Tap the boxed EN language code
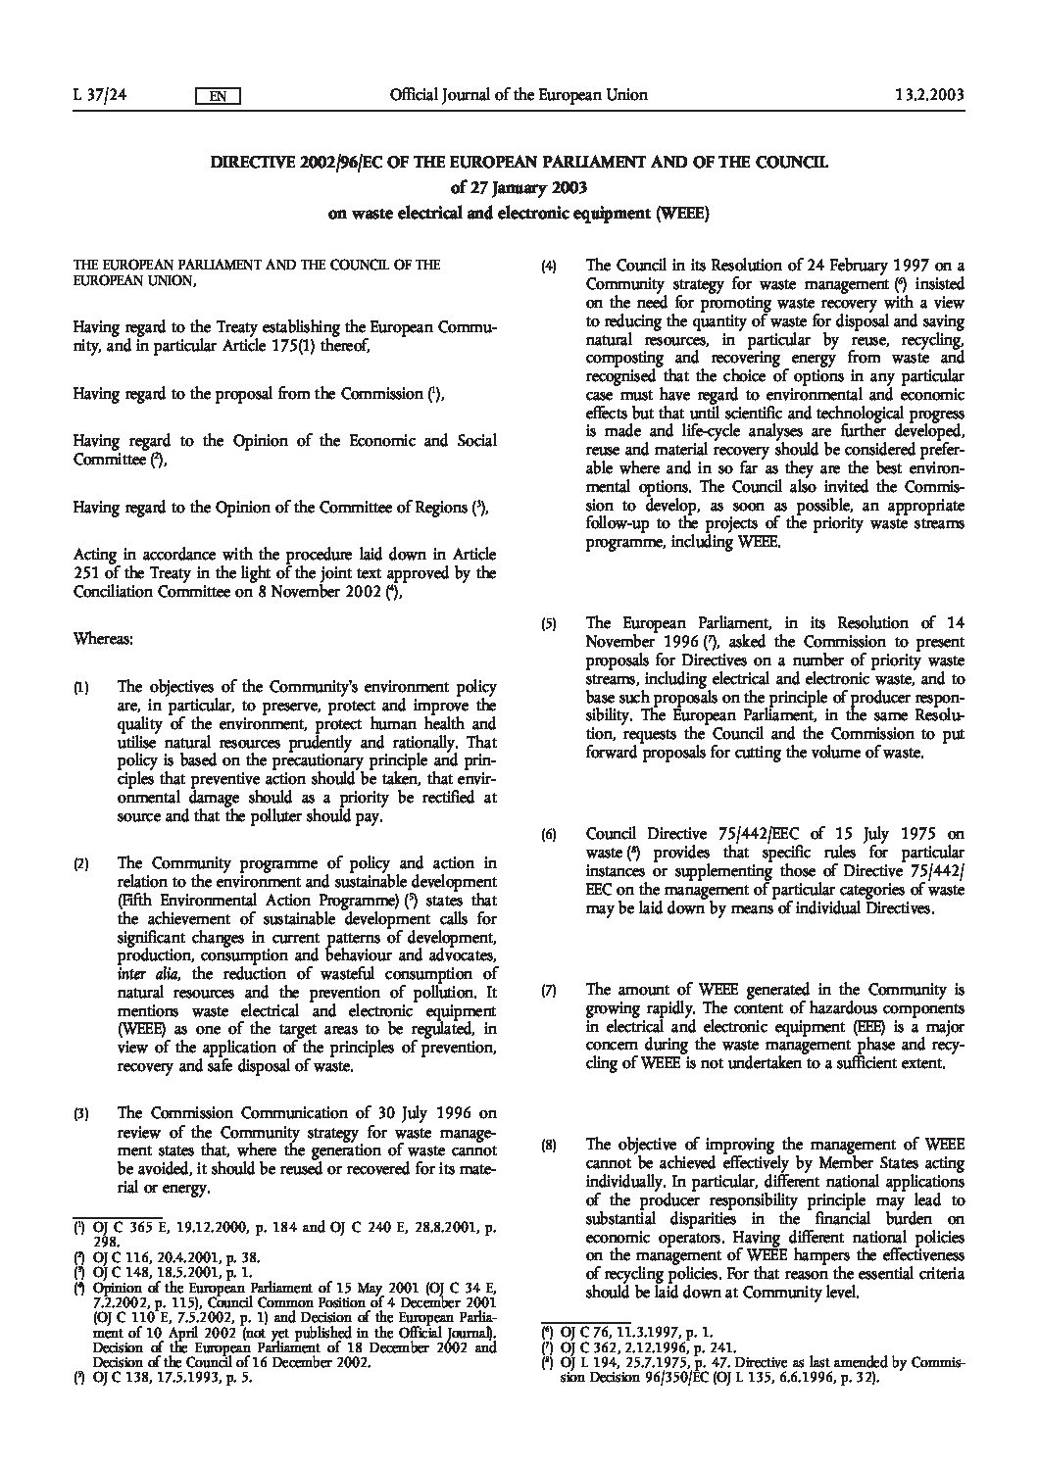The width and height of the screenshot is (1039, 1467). [x=219, y=96]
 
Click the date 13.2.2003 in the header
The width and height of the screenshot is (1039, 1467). [x=929, y=95]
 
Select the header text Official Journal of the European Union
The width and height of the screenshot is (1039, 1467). [x=519, y=95]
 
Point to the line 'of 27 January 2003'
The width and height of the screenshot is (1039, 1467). [x=519, y=187]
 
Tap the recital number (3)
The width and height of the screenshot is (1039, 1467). [x=82, y=1114]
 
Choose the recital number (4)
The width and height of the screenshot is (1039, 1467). [x=551, y=265]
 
